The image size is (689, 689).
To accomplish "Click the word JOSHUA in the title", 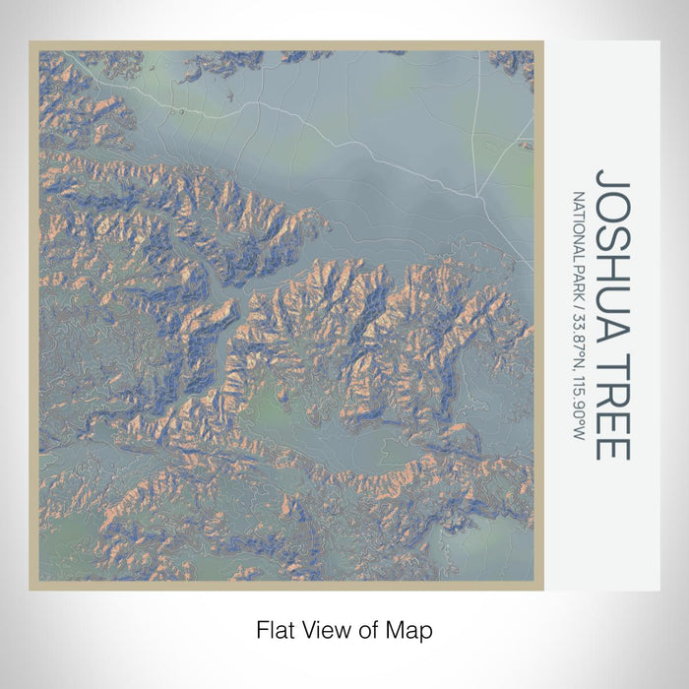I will (610, 247).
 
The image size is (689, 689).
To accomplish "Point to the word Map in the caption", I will (406, 628).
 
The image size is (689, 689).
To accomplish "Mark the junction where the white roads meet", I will (475, 193).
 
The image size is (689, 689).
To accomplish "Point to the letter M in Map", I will (395, 628).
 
